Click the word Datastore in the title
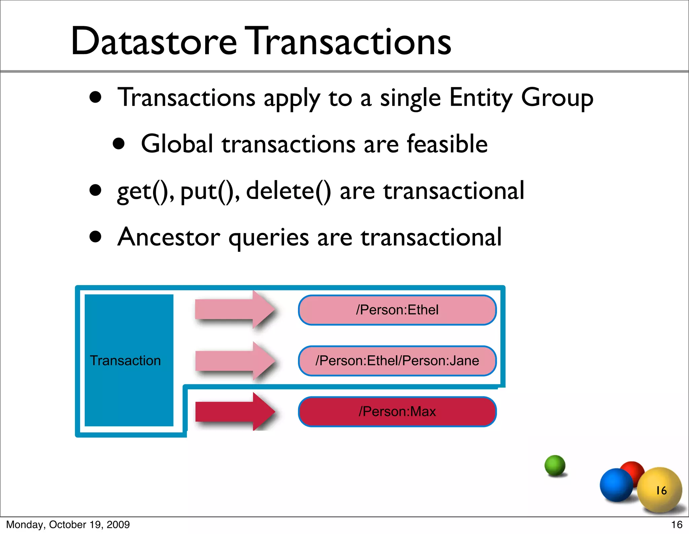(154, 41)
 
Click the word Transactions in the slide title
(348, 41)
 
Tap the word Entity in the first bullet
(480, 98)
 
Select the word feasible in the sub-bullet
(447, 144)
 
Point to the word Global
(177, 144)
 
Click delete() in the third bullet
(288, 191)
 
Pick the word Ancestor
(169, 237)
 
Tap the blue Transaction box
(129, 360)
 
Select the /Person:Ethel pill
(397, 310)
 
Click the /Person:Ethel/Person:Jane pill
(397, 361)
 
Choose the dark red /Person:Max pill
(397, 412)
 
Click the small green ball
(555, 465)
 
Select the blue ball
(616, 485)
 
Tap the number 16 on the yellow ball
(661, 490)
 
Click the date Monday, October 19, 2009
(68, 525)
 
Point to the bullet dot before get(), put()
(96, 190)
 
